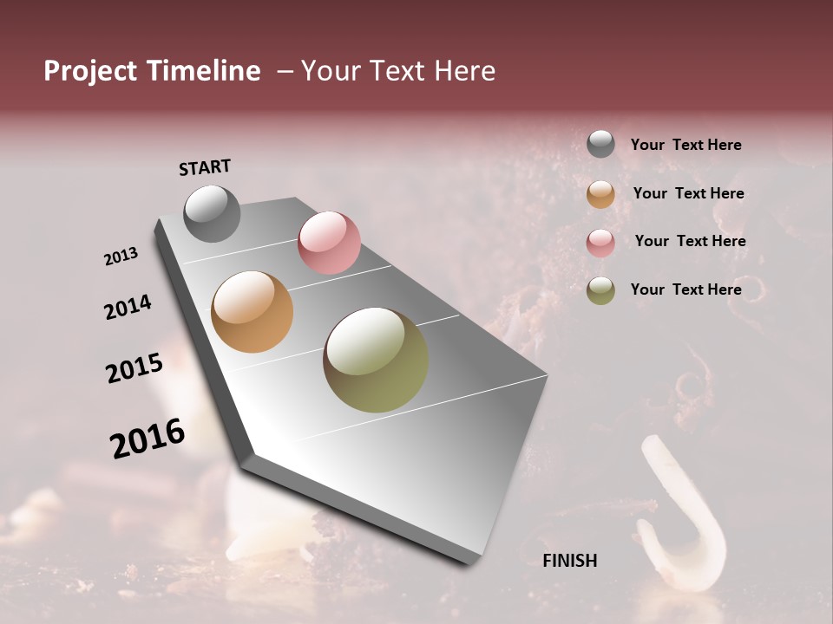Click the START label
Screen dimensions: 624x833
tap(205, 167)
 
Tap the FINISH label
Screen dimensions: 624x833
tap(570, 561)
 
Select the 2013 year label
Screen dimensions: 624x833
tap(121, 256)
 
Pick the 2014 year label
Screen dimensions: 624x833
tap(128, 307)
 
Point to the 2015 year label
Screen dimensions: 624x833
tap(134, 368)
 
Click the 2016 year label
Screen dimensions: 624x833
tap(148, 439)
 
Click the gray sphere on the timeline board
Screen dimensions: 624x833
tap(212, 213)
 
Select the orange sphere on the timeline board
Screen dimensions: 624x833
tap(253, 312)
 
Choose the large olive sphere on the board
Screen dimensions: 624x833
tap(376, 360)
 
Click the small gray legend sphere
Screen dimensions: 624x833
tap(600, 145)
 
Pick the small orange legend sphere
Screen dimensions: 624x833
tap(600, 194)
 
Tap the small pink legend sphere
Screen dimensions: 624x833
tap(600, 243)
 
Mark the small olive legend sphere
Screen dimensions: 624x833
tap(600, 290)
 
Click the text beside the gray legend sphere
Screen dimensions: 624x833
tap(685, 145)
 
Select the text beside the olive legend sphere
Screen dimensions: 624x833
tap(685, 289)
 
